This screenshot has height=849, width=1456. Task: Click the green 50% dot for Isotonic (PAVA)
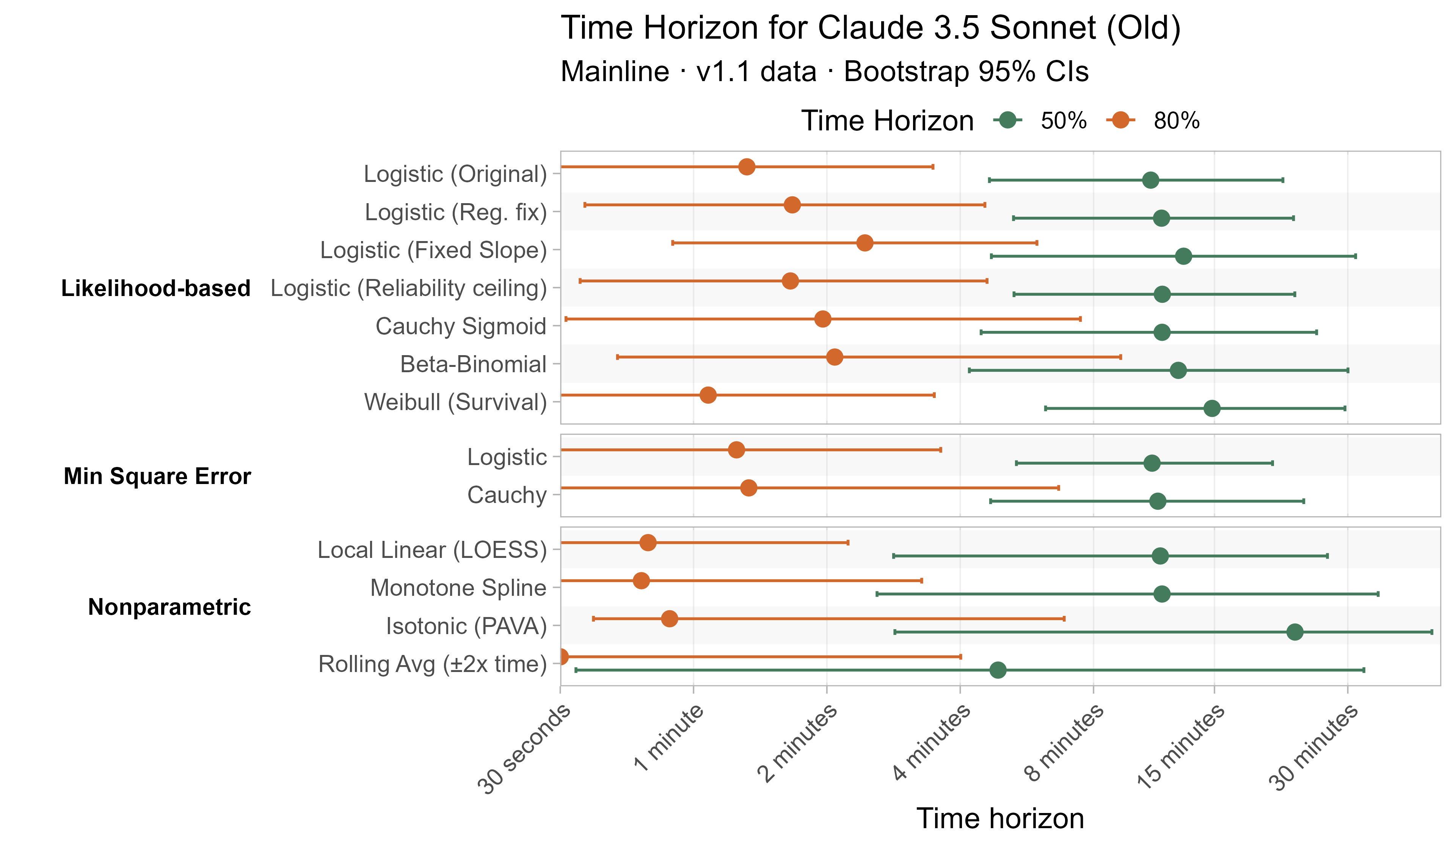(x=1295, y=632)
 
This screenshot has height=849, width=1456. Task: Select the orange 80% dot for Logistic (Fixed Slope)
(x=864, y=243)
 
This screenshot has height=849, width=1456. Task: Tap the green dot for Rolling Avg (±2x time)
(x=998, y=670)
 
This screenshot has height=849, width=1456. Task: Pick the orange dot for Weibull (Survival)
(x=708, y=395)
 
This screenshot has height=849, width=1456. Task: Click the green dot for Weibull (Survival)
(x=1212, y=408)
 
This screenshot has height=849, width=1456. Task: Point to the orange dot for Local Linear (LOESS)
(x=648, y=542)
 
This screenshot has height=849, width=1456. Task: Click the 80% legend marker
(x=1121, y=120)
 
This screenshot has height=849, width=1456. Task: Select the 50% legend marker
(x=1008, y=120)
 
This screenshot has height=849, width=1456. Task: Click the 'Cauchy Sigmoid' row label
(x=460, y=326)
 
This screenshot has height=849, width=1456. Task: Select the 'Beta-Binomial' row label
(x=473, y=365)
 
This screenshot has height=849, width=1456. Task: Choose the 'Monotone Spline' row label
(x=458, y=588)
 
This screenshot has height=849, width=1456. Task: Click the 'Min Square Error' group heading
(x=157, y=476)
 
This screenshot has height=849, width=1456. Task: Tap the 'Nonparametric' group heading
(x=169, y=607)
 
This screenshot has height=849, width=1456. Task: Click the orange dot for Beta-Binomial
(x=834, y=357)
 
